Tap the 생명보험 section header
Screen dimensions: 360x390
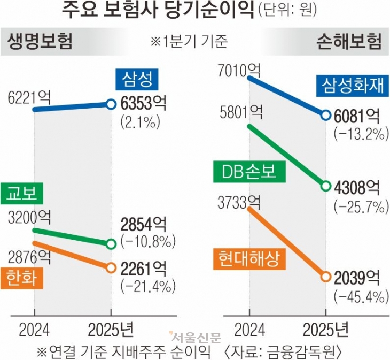(x=40, y=42)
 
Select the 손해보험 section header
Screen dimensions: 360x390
(x=349, y=42)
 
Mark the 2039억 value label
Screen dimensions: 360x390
(x=357, y=277)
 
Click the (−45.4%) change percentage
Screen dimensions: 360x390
(x=360, y=295)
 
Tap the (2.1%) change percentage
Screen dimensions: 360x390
(x=141, y=122)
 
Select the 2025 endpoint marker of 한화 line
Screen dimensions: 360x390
(x=111, y=267)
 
